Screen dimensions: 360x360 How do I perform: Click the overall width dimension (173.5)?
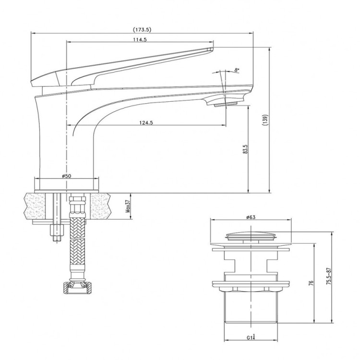pos(143,30)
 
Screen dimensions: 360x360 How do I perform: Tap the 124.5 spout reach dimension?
pos(146,122)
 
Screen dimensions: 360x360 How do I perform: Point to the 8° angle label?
pos(237,71)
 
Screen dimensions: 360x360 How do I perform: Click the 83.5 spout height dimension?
pos(245,150)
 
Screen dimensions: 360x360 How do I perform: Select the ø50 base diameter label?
pos(66,176)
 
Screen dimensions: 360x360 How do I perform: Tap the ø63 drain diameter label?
pos(251,217)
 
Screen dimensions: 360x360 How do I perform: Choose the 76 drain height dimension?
pos(311,284)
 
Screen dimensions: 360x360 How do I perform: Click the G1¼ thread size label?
pos(251,337)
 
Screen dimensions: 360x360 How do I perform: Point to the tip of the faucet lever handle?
pos(209,48)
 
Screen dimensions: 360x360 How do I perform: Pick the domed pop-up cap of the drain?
pos(251,236)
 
